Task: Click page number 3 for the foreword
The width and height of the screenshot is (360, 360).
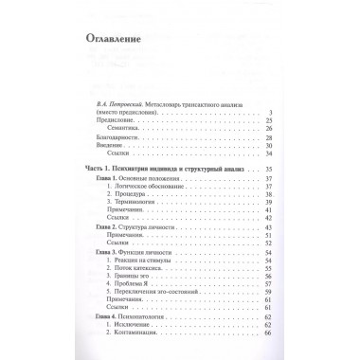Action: pos(297,112)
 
